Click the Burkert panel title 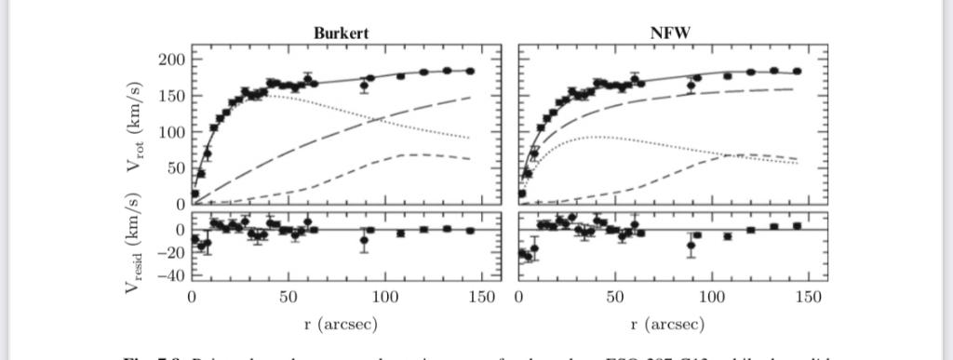click(x=341, y=33)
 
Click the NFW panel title click(x=673, y=33)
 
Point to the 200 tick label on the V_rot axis click(x=173, y=60)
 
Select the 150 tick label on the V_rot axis click(x=173, y=96)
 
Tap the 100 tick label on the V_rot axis click(x=173, y=132)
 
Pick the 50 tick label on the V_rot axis click(x=177, y=168)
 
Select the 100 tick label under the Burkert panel click(x=384, y=298)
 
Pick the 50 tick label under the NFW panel click(x=614, y=298)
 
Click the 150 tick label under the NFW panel click(x=808, y=298)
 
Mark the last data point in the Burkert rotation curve click(x=470, y=71)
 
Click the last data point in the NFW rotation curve click(x=797, y=72)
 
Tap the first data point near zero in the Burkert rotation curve click(x=195, y=194)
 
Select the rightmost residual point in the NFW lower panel click(x=797, y=225)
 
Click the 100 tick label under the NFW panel click(x=711, y=298)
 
